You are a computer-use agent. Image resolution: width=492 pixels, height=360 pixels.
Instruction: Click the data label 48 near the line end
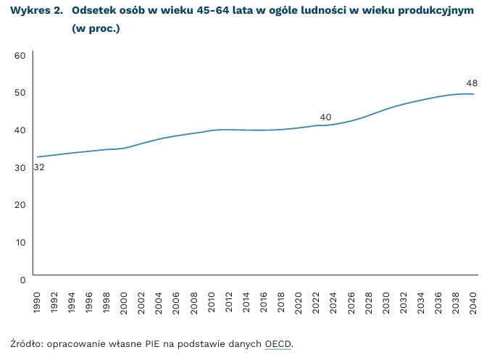(x=472, y=83)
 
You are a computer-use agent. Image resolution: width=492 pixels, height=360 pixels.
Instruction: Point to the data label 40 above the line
(x=325, y=117)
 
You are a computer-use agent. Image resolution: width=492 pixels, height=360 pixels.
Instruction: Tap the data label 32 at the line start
(x=38, y=167)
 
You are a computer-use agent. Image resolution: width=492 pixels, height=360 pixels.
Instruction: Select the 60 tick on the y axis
(x=20, y=55)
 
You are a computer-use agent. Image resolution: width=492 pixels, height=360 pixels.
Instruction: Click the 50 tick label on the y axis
(x=20, y=93)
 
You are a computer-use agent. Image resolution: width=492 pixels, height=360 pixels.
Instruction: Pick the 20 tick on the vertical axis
(x=20, y=204)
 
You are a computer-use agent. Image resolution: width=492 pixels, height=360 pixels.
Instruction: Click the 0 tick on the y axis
(x=22, y=279)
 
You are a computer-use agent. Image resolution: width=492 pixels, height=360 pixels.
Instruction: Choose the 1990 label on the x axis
(x=36, y=301)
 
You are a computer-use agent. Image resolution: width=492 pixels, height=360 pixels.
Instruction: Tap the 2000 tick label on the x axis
(x=123, y=301)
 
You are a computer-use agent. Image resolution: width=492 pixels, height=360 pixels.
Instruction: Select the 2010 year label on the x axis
(x=211, y=301)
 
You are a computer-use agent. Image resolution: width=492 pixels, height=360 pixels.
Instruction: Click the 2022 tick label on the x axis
(x=316, y=301)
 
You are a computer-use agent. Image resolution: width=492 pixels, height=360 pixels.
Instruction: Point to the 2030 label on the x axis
(x=386, y=301)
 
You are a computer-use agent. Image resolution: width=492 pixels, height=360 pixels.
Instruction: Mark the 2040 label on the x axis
(x=473, y=301)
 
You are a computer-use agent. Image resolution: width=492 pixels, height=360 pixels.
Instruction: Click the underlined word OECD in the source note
(x=278, y=343)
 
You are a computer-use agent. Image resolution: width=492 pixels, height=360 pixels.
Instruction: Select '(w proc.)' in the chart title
(x=96, y=30)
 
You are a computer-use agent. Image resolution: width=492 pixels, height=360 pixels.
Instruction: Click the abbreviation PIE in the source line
(x=152, y=343)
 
